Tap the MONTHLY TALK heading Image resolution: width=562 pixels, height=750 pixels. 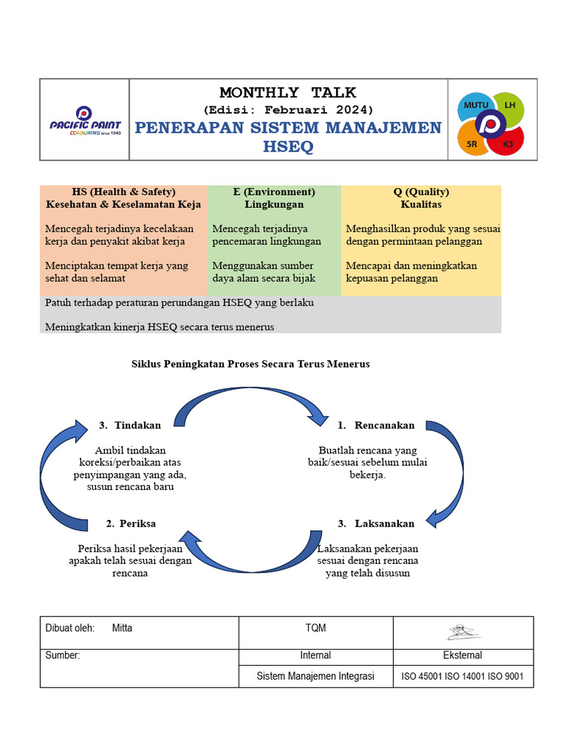tap(288, 92)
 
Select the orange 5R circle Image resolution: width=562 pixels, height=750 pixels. tap(473, 143)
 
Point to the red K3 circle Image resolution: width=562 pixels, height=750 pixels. tap(507, 144)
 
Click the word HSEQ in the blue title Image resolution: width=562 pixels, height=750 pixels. tap(288, 147)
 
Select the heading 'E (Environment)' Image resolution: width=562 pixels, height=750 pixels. tap(274, 192)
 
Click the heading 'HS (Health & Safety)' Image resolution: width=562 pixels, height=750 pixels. tap(123, 192)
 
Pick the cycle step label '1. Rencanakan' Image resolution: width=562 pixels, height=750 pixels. tap(376, 425)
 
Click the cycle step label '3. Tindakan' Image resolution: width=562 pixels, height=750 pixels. tap(130, 425)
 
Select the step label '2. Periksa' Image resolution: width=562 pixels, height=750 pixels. tap(130, 523)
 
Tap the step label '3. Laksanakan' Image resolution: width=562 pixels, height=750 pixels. tap(376, 523)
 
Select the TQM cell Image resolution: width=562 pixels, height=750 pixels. tap(315, 628)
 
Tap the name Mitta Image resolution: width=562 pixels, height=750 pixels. tap(122, 628)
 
